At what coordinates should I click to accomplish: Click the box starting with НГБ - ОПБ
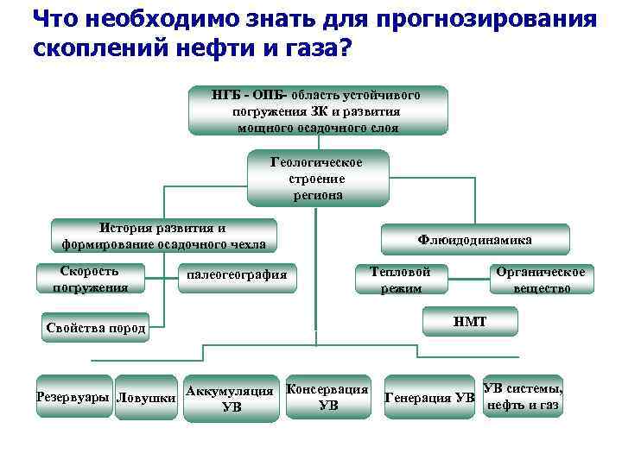point(318,110)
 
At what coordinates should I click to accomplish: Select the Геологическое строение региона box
point(316,179)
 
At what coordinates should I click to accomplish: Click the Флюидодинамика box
point(474,239)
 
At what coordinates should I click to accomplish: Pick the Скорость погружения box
point(90,279)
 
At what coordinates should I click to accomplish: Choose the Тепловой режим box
point(401,279)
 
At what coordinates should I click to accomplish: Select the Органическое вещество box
point(541,279)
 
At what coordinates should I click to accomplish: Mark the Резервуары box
point(73,397)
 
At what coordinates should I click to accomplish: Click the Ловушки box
point(146,398)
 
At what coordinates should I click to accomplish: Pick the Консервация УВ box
point(328,397)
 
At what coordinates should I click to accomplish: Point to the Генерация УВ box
point(428,398)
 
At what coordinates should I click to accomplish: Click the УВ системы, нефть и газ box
point(523,396)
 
